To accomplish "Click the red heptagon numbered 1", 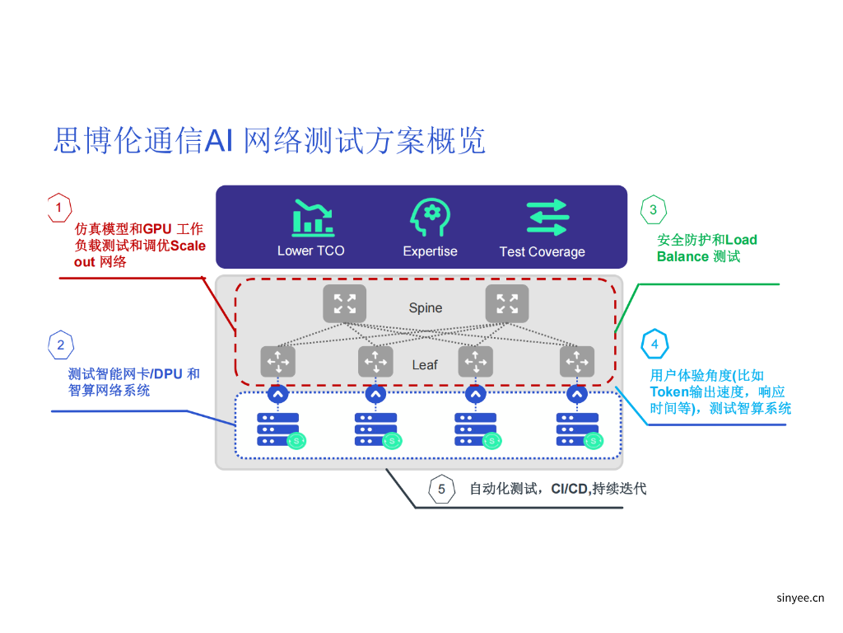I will pos(58,208).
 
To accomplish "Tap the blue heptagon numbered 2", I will pos(61,345).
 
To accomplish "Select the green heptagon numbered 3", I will pos(653,209).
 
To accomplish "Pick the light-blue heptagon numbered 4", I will pos(654,344).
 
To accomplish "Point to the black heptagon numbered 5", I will pos(441,490).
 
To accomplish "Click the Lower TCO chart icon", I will pos(313,218).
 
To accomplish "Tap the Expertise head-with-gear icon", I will pos(430,218).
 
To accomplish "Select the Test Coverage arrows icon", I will pos(547,218).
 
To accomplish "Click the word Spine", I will pos(426,308).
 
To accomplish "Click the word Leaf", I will pos(425,364).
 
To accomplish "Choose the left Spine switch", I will pos(344,303).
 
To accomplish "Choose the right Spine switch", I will pos(507,303).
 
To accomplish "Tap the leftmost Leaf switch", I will pos(278,362).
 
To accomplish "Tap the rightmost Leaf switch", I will pos(577,362).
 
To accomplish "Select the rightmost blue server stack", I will pos(577,429).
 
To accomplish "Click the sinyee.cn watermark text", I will pos(800,599).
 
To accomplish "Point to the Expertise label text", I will pos(430,251).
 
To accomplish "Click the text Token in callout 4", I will pos(668,392).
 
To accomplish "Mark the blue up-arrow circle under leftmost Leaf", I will pos(278,395).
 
